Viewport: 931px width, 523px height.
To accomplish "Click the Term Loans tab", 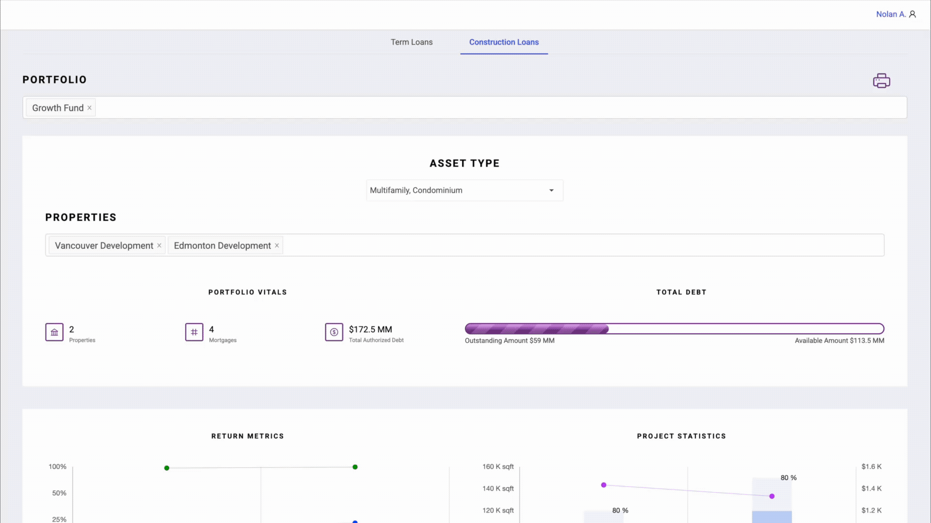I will point(411,42).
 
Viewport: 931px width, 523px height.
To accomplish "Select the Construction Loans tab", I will point(503,42).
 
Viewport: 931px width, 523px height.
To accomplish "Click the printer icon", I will point(881,80).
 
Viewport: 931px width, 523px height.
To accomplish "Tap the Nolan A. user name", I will point(890,14).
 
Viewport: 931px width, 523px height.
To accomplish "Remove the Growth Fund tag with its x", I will point(89,108).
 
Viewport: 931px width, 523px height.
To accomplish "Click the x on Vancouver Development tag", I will point(159,246).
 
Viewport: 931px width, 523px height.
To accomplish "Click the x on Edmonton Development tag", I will point(277,246).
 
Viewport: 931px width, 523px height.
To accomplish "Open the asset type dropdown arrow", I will point(551,190).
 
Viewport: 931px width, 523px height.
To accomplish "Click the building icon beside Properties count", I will point(54,332).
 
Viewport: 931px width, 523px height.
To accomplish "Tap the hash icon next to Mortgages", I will point(194,332).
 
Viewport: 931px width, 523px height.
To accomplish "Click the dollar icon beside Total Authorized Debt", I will point(334,332).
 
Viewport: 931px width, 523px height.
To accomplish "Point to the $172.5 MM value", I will point(370,329).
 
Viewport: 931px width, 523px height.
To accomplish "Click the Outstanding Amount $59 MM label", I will point(509,340).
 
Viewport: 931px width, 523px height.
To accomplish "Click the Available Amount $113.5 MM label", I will point(839,340).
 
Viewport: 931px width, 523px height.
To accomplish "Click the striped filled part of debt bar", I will point(536,329).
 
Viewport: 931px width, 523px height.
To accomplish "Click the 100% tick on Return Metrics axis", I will point(57,466).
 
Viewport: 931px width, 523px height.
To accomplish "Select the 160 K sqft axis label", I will point(498,466).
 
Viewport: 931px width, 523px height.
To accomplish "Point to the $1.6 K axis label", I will point(871,466).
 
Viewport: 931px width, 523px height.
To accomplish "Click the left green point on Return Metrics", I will point(167,468).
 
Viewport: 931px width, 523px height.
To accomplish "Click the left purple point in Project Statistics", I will point(604,485).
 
